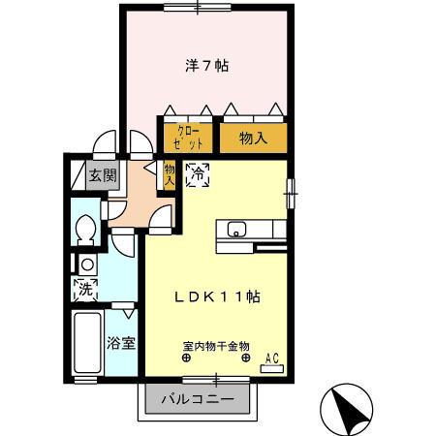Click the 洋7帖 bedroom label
click(207, 66)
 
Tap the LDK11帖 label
click(217, 297)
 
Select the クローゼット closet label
click(188, 138)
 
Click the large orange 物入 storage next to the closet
click(254, 139)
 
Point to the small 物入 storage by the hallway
click(170, 174)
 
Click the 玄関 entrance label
click(103, 175)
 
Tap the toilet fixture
click(85, 230)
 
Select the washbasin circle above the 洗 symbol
click(87, 265)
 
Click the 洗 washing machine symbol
click(85, 289)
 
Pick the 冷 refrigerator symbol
click(198, 175)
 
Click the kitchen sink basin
click(236, 230)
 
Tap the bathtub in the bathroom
click(87, 342)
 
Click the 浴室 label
click(121, 343)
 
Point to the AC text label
click(272, 358)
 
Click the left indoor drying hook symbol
click(186, 358)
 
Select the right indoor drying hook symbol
click(246, 358)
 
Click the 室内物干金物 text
click(216, 347)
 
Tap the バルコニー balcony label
click(198, 399)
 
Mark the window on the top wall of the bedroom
click(198, 7)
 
